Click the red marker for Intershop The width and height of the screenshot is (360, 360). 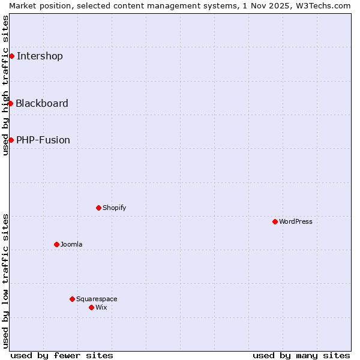point(11,56)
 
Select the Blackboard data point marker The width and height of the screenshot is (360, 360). point(10,103)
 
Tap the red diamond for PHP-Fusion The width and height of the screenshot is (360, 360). point(11,140)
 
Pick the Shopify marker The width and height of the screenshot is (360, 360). point(98,208)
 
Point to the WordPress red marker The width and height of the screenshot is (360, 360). point(275,221)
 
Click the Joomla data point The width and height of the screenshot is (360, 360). point(56,244)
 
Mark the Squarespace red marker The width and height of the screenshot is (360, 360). point(72,299)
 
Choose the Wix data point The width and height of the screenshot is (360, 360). point(91,307)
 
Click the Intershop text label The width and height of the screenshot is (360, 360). point(40,56)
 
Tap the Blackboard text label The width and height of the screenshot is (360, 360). point(42,103)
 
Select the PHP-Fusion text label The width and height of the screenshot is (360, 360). point(43,140)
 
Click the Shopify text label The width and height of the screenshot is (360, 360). point(114,208)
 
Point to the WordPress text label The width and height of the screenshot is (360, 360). point(296,221)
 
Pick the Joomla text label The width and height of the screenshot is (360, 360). point(71,244)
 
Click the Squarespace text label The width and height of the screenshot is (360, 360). point(97,299)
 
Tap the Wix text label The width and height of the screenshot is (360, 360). point(101,307)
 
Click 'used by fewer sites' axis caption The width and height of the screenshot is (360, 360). point(62,355)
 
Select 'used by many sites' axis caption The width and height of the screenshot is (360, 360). point(301,355)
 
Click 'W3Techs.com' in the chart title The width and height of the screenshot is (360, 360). point(326,5)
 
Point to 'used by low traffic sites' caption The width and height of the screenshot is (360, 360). point(5,281)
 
